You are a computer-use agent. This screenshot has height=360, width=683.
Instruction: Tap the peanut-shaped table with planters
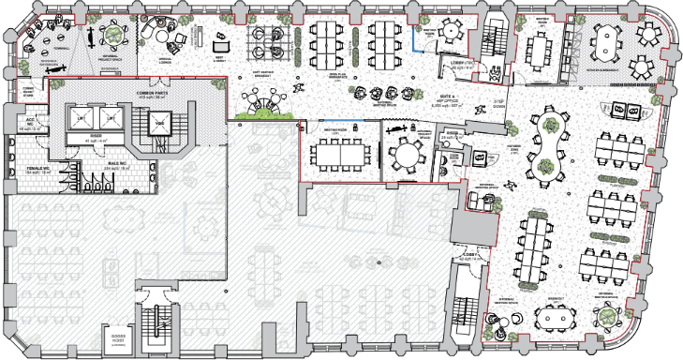(544, 144)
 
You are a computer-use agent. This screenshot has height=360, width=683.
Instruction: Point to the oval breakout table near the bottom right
(554, 318)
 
